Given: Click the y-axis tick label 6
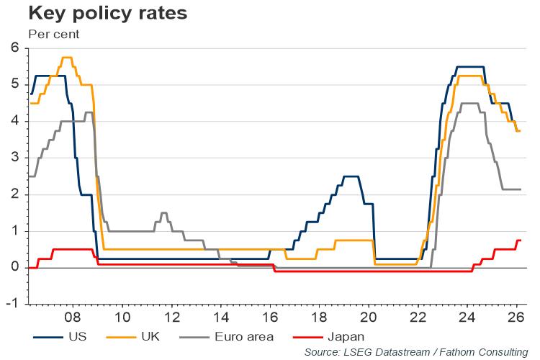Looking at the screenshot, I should [x=14, y=48].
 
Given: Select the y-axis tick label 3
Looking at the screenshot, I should [x=14, y=158].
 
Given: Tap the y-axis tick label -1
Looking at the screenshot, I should [x=12, y=304].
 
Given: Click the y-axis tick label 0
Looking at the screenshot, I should [x=14, y=267].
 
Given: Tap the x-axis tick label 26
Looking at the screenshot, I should [x=516, y=317].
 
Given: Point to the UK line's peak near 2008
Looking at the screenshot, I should [x=67, y=58].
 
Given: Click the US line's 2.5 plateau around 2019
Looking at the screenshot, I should [x=351, y=176].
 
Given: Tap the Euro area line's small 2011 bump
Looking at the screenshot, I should [x=163, y=213].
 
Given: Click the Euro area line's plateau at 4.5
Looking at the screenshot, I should [x=469, y=103].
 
